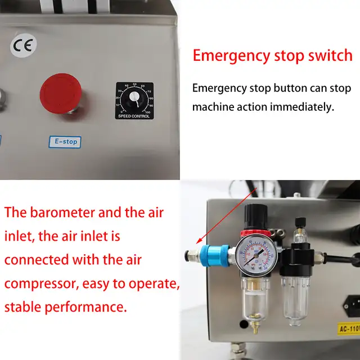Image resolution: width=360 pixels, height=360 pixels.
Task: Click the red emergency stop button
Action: coord(60,93)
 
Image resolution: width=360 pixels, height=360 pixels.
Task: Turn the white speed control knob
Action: coord(134,100)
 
